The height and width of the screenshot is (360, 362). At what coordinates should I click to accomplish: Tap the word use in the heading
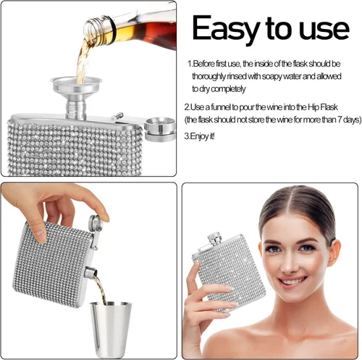pos(324,30)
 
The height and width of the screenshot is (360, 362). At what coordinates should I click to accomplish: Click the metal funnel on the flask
pos(76,95)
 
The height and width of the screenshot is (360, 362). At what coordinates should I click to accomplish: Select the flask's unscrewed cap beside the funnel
pos(159,129)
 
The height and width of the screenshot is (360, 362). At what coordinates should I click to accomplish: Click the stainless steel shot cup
pos(111,329)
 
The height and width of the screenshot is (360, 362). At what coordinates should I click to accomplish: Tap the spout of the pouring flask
pos(91,272)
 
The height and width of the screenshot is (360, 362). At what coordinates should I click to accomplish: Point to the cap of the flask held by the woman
pos(214,238)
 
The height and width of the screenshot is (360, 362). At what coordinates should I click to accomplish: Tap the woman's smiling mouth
pos(292,282)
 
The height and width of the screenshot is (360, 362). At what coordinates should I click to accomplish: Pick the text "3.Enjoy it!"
pos(199,136)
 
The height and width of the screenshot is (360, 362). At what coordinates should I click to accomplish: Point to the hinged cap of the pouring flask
pos(96,222)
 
